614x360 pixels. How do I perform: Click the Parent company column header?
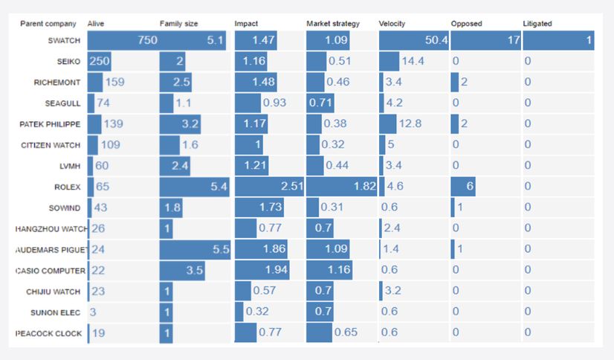coord(44,24)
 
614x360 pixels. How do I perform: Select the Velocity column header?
coord(392,24)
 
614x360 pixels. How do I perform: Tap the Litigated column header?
coord(537,24)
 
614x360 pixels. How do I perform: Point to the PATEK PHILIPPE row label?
coord(51,123)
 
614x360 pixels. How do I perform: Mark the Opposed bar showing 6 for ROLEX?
coord(463,187)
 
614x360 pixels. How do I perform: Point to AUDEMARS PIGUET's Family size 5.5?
coord(222,249)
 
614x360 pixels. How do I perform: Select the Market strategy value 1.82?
coord(364,187)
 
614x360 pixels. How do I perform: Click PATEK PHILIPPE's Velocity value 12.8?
coord(410,124)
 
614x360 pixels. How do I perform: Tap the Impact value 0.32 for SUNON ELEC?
coord(259,312)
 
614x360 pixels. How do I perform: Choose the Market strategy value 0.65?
coord(346,332)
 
